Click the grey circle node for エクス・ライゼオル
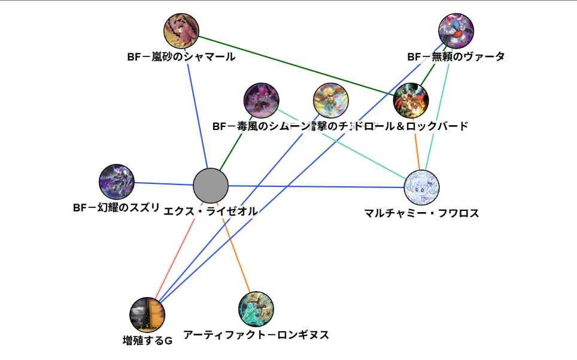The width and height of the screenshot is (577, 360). point(211,186)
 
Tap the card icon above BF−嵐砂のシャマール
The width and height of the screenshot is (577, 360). point(181,30)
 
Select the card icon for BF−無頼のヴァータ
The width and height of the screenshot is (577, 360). point(456,31)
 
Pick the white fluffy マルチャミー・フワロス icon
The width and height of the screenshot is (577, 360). point(422,187)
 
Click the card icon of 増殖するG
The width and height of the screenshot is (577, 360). point(147,314)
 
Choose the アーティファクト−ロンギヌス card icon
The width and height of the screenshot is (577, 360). point(256,308)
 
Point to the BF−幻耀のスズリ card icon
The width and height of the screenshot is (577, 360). point(117,181)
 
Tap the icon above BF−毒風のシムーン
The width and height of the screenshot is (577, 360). point(262,100)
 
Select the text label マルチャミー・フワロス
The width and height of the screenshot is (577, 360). point(421,213)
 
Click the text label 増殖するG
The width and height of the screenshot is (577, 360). point(147,341)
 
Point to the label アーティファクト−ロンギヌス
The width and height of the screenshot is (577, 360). point(256,335)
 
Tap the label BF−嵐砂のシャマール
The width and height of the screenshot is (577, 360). point(181,57)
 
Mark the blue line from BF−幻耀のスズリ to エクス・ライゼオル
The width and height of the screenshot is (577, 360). point(162,184)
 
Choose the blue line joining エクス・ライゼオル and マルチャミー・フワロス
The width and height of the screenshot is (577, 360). point(317,186)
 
